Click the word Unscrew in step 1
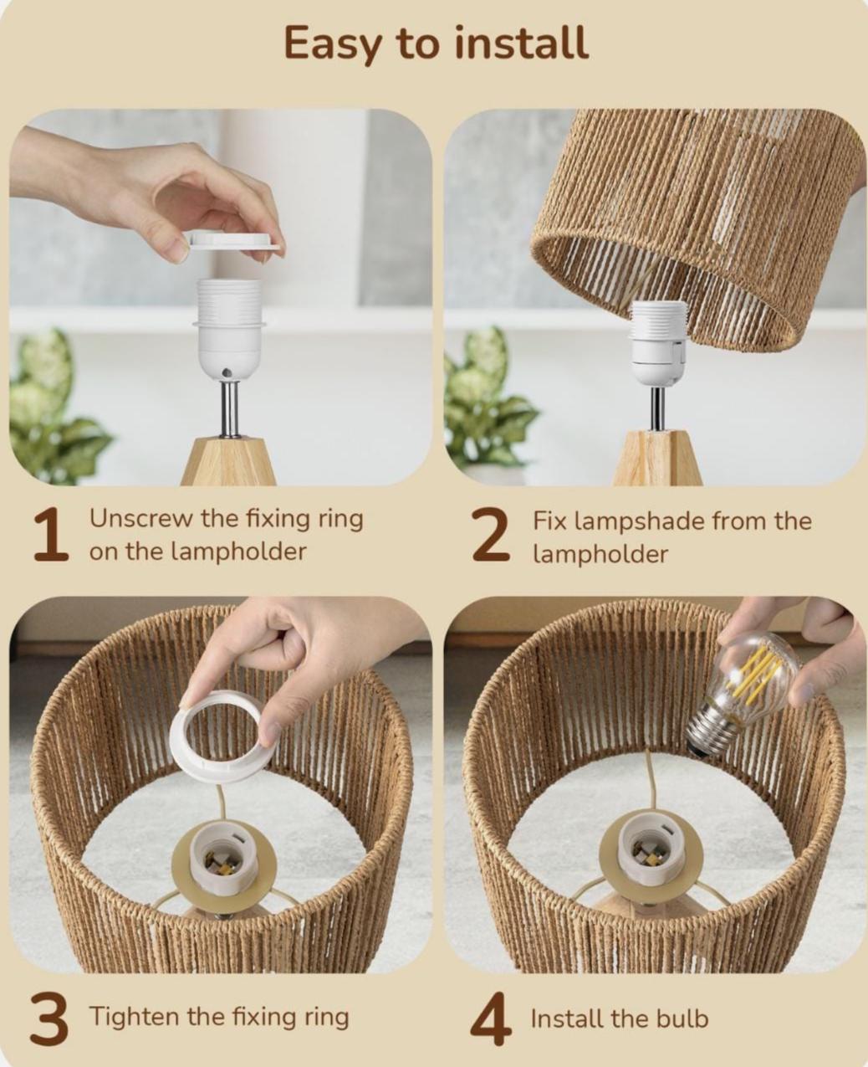tap(141, 518)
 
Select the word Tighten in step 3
tap(134, 1017)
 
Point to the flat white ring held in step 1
tap(232, 240)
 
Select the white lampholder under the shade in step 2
tap(657, 343)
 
